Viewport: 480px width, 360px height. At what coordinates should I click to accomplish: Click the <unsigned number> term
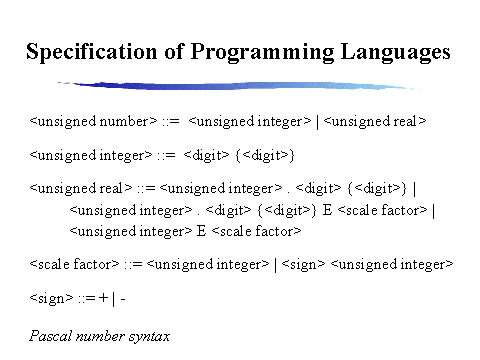point(94,121)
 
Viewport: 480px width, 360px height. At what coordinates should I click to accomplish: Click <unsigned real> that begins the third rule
point(82,187)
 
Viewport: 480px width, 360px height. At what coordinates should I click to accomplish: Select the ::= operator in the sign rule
point(86,297)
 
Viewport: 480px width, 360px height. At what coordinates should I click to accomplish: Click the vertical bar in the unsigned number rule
point(306,121)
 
